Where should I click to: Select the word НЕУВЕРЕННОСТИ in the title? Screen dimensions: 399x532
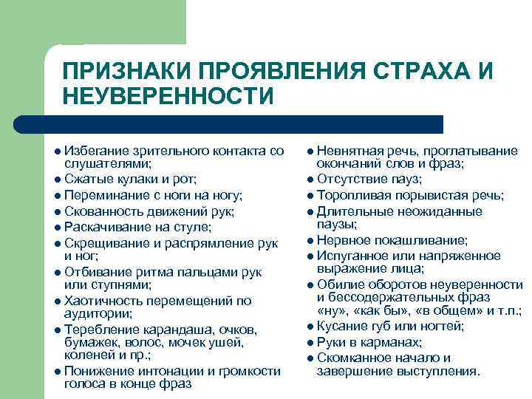click(168, 97)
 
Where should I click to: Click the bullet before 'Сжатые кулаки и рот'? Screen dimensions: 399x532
click(58, 180)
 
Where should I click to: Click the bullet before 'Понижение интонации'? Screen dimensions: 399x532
click(58, 371)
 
